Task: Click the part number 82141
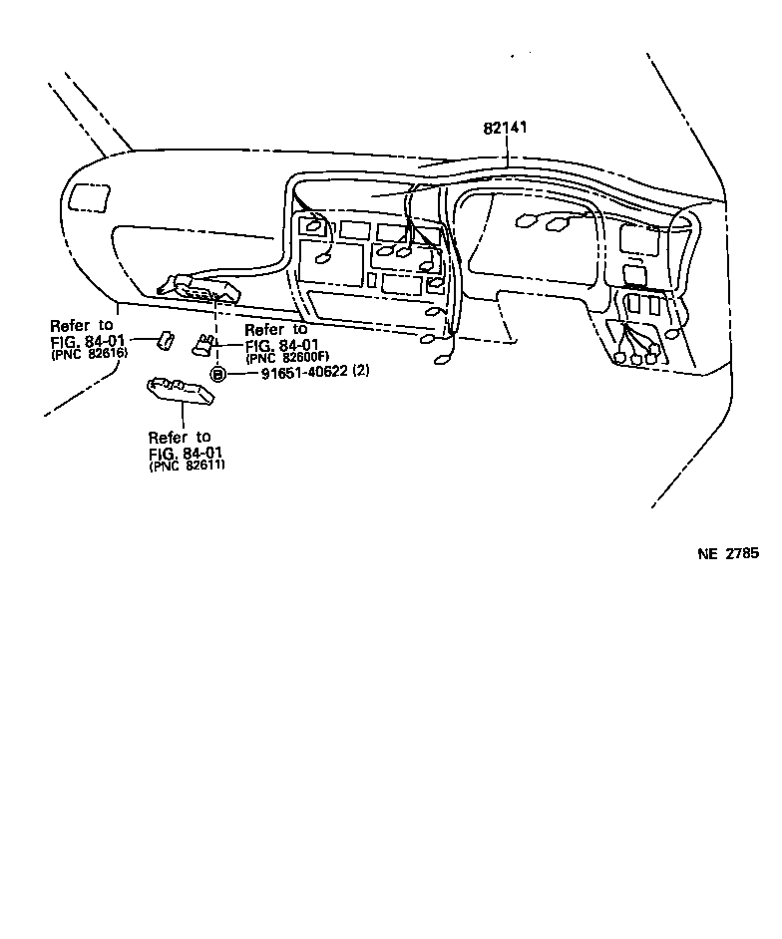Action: click(506, 129)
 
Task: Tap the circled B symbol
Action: click(217, 374)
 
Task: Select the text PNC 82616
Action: click(89, 353)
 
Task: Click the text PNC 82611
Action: click(188, 466)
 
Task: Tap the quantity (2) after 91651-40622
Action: click(361, 373)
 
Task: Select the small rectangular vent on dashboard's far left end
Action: click(91, 195)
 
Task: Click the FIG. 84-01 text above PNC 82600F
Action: click(282, 345)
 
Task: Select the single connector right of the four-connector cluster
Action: click(675, 334)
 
